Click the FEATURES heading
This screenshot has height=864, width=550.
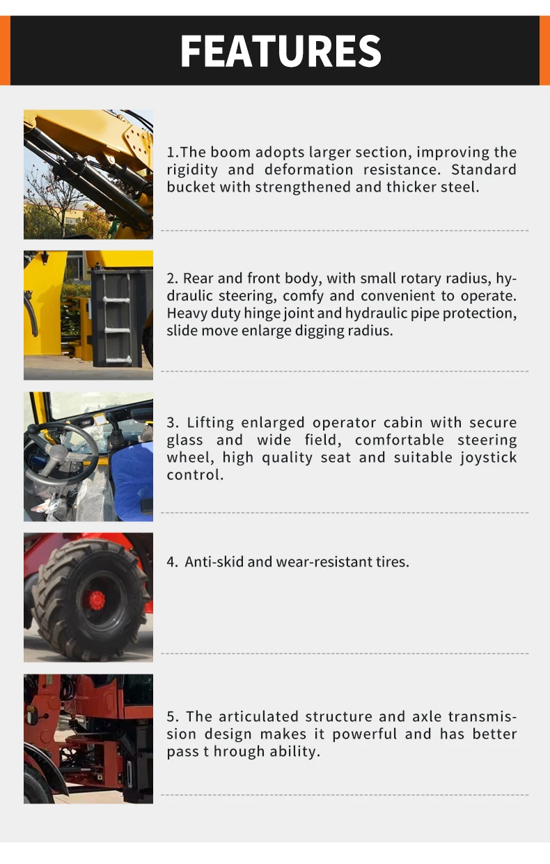click(x=281, y=51)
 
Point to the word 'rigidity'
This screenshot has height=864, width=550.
click(x=192, y=170)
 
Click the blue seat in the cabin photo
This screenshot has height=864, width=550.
click(x=133, y=474)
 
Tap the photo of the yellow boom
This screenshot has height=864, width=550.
click(x=88, y=174)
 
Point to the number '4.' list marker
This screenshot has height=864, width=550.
click(x=173, y=562)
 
